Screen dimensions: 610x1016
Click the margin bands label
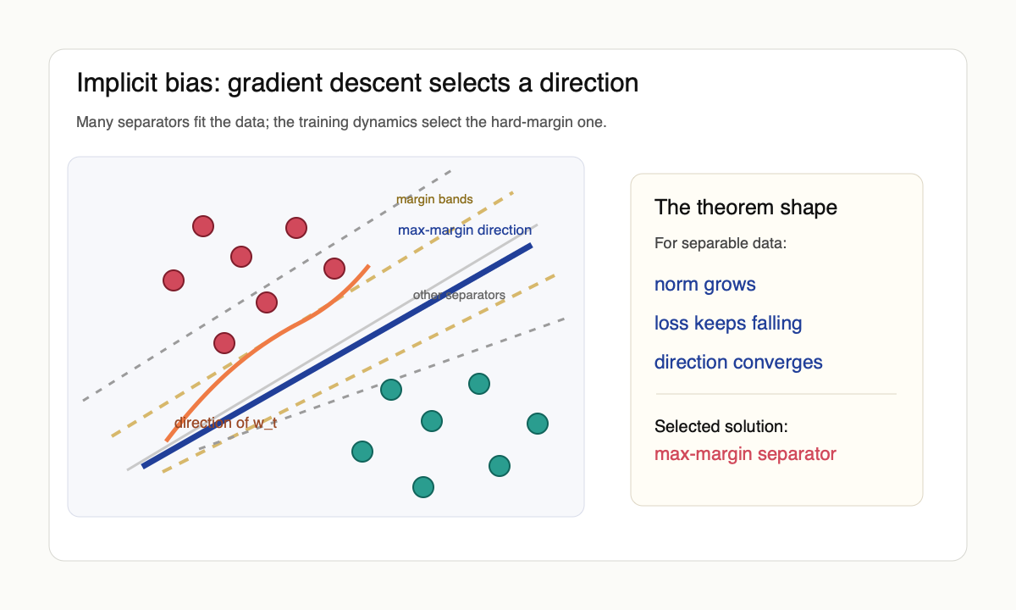(434, 199)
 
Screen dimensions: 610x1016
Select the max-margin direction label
(465, 230)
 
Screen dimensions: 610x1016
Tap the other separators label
(459, 295)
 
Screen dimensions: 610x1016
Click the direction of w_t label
(225, 423)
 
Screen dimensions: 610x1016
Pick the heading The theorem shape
(745, 207)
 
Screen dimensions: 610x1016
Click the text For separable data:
(720, 244)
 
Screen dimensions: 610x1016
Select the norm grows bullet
(704, 284)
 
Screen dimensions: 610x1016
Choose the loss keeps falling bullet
(727, 323)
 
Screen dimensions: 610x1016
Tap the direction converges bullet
(737, 362)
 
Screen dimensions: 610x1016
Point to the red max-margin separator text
(744, 454)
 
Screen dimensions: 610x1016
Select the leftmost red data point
(174, 280)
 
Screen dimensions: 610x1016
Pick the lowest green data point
(422, 487)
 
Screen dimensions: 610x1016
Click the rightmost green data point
(538, 423)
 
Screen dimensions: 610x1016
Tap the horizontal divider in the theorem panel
(776, 394)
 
